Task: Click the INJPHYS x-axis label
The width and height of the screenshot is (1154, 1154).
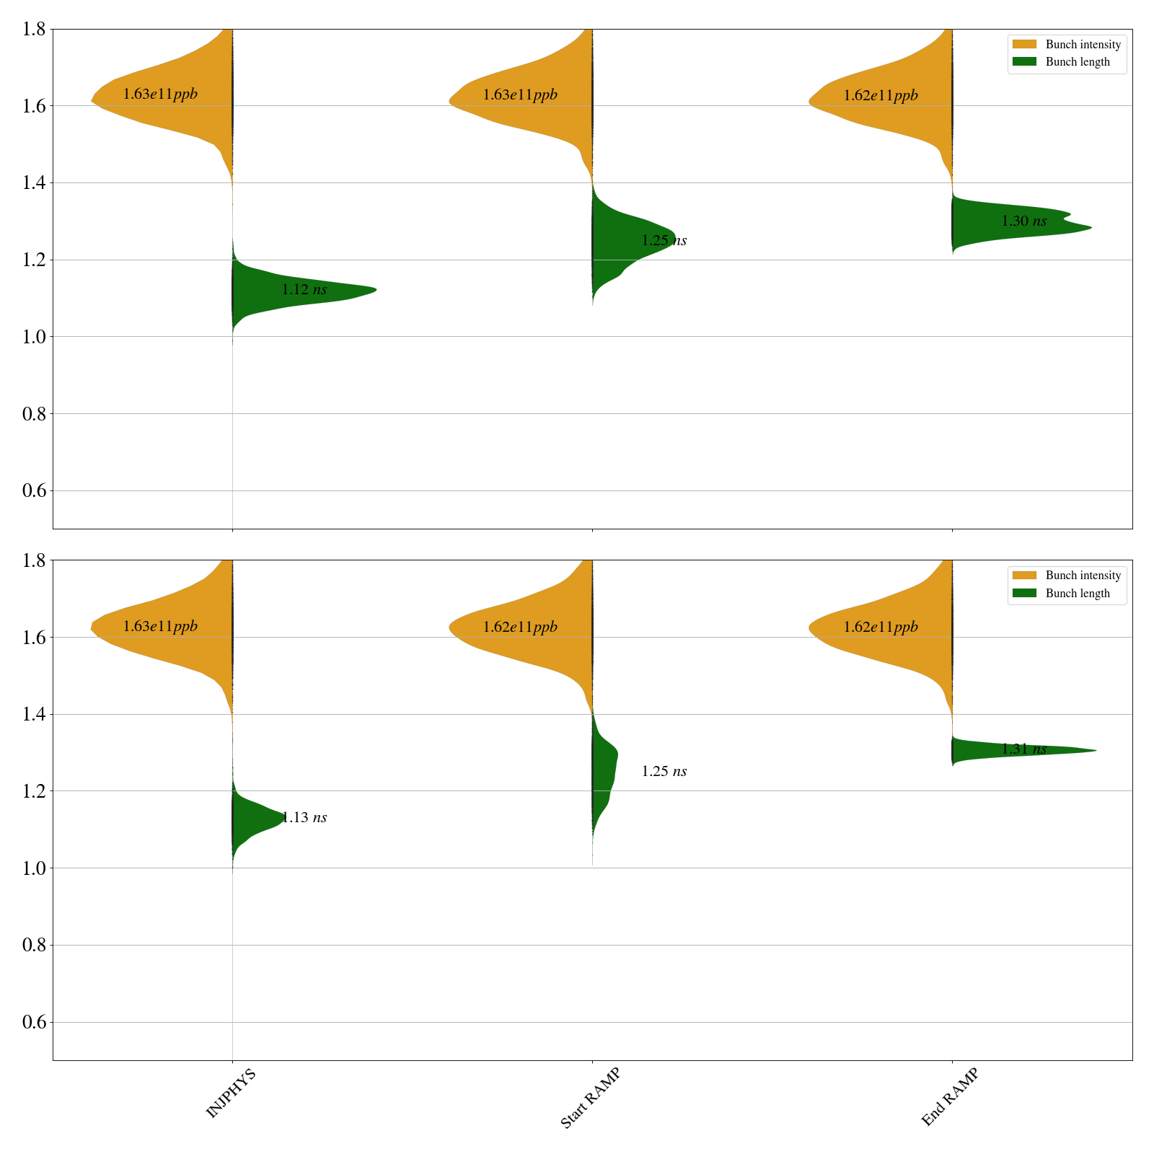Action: [231, 1093]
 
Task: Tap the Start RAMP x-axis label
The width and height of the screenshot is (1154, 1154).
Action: [590, 1098]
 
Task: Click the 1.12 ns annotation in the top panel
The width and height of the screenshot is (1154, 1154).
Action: [304, 290]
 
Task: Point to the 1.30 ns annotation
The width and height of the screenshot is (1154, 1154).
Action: [1023, 221]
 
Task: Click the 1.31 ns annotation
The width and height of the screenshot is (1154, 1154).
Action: [1023, 749]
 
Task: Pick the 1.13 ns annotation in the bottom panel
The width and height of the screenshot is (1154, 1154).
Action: [304, 818]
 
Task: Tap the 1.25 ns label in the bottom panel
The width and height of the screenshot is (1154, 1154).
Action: [664, 772]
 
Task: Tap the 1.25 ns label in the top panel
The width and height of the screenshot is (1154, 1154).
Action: [664, 241]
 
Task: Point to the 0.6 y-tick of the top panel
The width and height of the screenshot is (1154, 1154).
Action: [35, 491]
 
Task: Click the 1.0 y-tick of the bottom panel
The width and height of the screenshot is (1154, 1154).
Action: [35, 868]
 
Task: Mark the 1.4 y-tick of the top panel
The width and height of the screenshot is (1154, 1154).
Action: [35, 183]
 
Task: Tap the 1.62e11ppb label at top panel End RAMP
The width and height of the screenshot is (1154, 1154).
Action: [880, 95]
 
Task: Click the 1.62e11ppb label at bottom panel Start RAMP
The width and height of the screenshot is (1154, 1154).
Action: [520, 627]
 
